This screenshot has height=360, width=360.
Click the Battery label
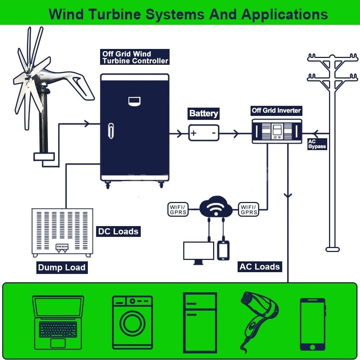coord(203,113)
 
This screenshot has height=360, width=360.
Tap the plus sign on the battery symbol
coord(194,133)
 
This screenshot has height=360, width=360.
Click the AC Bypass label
coord(317,144)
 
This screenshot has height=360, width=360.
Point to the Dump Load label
coord(62,267)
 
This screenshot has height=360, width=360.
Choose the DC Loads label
coord(118,231)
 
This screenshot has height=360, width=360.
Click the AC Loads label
coord(259,267)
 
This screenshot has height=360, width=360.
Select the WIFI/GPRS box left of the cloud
coord(178,210)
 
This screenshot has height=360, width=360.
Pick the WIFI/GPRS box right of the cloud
coord(249,210)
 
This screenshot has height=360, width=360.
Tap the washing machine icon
coord(132,322)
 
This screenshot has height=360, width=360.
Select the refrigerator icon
coord(200,322)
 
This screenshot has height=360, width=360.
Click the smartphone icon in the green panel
coord(312,324)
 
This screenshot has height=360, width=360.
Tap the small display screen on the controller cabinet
coord(135,101)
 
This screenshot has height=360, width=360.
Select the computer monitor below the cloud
coord(198,251)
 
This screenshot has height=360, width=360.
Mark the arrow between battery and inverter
coord(235,134)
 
